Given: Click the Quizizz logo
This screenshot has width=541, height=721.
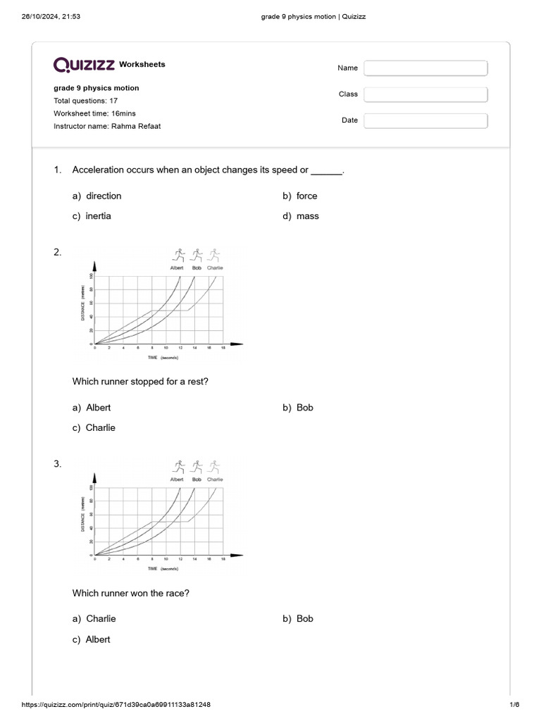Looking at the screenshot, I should (x=85, y=65).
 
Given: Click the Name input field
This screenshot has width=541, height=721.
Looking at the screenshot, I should (x=425, y=68).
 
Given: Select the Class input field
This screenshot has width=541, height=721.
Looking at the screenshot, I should (x=425, y=94).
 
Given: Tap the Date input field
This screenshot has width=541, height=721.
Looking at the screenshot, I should (x=425, y=120).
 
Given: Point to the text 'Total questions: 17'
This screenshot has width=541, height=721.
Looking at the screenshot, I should (x=85, y=101).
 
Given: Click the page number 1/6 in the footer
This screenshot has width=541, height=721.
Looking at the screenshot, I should (x=514, y=705).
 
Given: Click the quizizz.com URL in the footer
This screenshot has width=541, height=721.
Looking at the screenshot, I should (x=116, y=705).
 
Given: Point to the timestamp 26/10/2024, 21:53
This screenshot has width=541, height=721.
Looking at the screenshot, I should (x=50, y=16).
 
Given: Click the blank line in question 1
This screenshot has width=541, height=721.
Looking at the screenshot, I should (x=326, y=170).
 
